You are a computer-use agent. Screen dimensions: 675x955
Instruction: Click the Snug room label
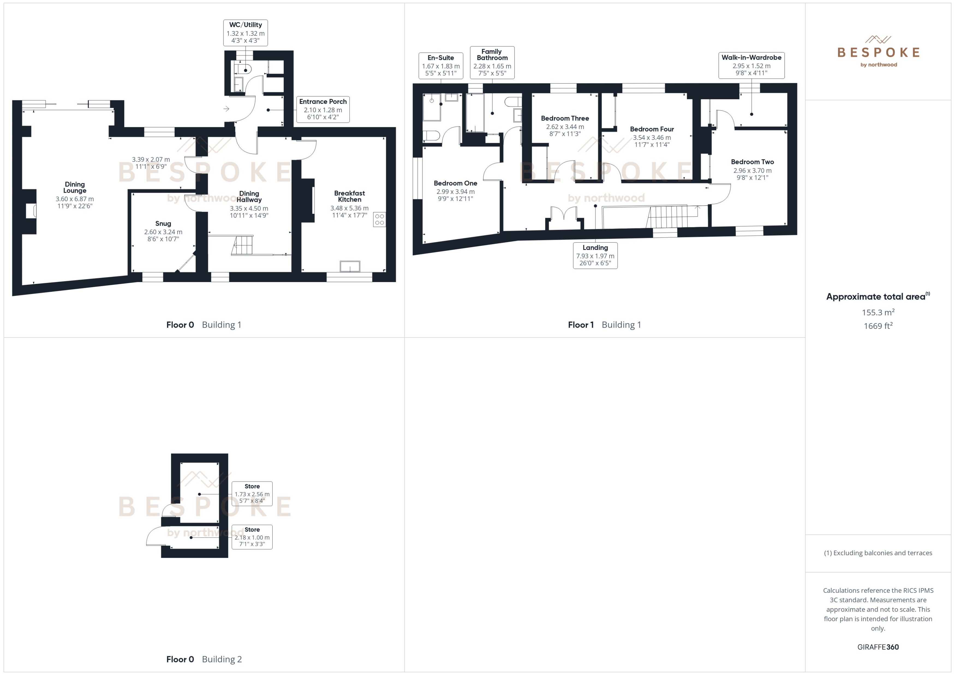tap(163, 224)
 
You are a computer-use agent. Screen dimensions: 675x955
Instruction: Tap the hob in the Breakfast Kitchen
tap(379, 219)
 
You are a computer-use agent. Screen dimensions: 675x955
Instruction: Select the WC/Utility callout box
tap(246, 32)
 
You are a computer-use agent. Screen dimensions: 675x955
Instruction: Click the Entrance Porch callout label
tap(323, 109)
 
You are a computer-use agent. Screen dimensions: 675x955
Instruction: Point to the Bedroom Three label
tap(565, 119)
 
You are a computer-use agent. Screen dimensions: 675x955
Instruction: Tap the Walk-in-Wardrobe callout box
tap(751, 65)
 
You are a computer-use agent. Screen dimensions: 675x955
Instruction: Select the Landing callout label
tap(595, 255)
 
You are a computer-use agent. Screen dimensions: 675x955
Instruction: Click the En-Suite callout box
tap(441, 65)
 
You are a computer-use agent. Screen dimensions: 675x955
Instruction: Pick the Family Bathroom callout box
tap(492, 62)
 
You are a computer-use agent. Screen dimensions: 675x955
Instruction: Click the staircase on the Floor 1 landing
tap(670, 217)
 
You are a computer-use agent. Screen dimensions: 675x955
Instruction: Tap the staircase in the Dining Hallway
tap(243, 245)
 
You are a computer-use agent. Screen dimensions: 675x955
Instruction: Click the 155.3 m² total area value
tap(878, 312)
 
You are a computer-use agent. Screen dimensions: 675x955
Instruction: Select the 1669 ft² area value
tap(878, 326)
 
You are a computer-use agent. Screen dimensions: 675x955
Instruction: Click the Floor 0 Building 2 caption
tap(204, 659)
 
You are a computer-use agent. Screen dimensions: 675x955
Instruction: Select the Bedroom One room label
tap(455, 183)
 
